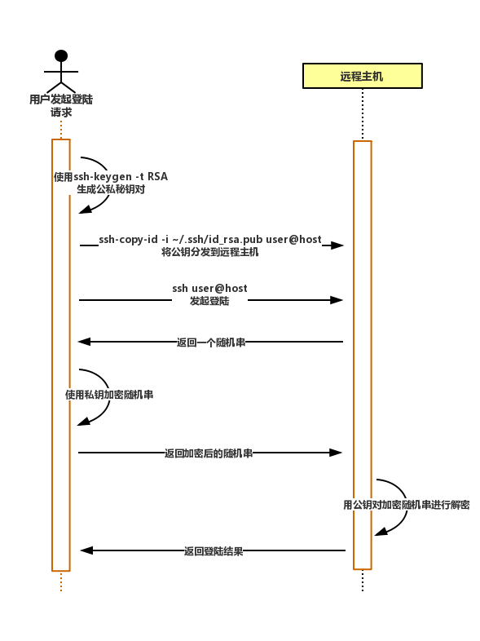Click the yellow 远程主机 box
(x=363, y=76)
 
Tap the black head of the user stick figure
(x=61, y=55)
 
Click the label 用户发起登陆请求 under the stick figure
(x=61, y=105)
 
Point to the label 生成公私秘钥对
(x=111, y=189)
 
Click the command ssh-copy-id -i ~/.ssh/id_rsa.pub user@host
(x=210, y=239)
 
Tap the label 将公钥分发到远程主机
(x=210, y=252)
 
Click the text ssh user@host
(x=209, y=288)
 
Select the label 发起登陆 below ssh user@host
(x=209, y=301)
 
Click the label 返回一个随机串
(x=211, y=343)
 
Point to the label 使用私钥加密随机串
(x=109, y=395)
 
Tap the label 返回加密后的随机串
(x=209, y=453)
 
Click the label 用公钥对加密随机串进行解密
(x=407, y=505)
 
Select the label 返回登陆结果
(x=214, y=551)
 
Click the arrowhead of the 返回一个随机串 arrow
(x=84, y=342)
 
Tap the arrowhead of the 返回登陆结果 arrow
(x=86, y=550)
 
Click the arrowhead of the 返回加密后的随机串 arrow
(x=336, y=453)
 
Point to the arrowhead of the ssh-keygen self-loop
(x=85, y=210)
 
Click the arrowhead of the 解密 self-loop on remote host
(x=381, y=532)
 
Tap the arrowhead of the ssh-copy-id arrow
(x=337, y=245)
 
